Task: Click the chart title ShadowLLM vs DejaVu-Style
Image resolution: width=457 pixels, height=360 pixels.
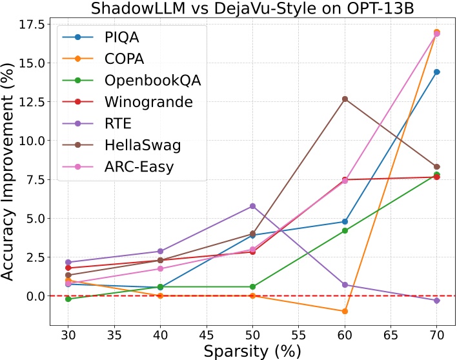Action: pyautogui.click(x=252, y=9)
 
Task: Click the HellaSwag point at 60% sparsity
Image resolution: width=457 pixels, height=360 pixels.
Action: pyautogui.click(x=345, y=99)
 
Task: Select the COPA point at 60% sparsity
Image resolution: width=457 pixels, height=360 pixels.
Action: pyautogui.click(x=345, y=311)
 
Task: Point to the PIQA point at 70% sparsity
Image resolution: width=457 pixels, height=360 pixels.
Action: pyautogui.click(x=437, y=72)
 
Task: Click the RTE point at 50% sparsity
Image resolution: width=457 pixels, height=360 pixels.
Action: pyautogui.click(x=253, y=206)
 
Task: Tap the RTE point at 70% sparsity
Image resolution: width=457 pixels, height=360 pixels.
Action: pyautogui.click(x=437, y=301)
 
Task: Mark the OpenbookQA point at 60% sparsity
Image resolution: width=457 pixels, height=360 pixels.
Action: pyautogui.click(x=345, y=230)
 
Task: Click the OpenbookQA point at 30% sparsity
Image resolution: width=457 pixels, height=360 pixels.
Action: pyautogui.click(x=68, y=299)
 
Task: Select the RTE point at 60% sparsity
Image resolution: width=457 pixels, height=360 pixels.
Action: pyautogui.click(x=345, y=285)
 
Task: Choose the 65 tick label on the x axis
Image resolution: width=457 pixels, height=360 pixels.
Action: pyautogui.click(x=391, y=337)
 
